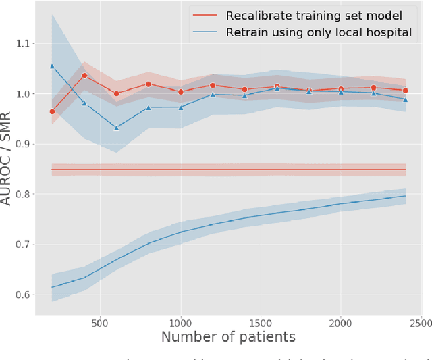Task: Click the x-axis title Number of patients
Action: [x=228, y=337]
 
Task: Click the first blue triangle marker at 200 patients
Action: [x=52, y=66]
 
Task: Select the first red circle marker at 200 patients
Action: [x=52, y=111]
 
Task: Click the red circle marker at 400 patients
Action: [x=84, y=76]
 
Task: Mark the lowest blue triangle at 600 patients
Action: [x=116, y=127]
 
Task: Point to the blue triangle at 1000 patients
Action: [x=180, y=107]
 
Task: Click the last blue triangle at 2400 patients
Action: [x=405, y=99]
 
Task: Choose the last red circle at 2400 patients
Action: [x=405, y=91]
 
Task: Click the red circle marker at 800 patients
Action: [x=148, y=84]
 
